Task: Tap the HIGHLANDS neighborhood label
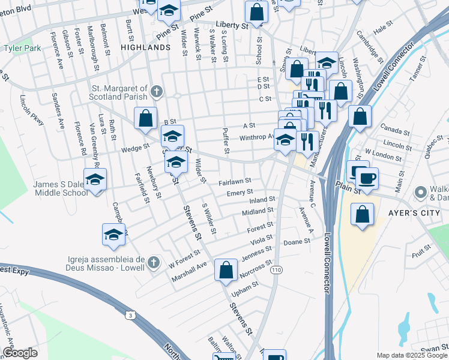145,47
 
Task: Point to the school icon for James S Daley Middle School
95,181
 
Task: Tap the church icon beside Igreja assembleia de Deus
154,262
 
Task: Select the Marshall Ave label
188,263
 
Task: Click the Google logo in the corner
20,353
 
